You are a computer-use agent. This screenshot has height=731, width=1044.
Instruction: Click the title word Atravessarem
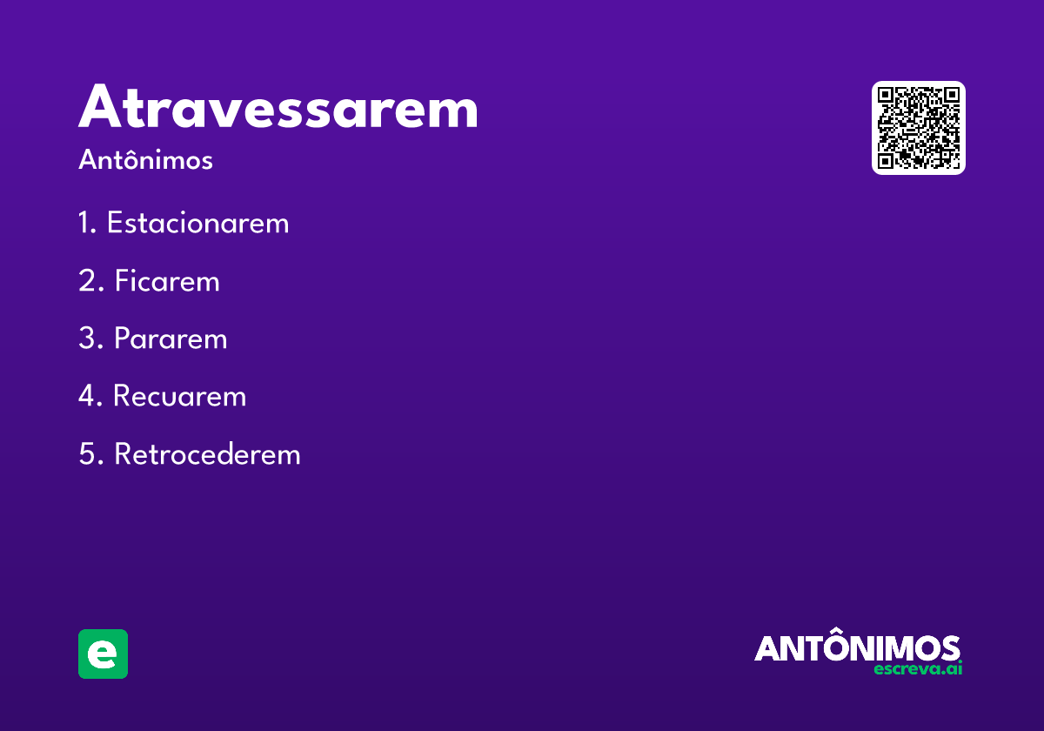point(278,108)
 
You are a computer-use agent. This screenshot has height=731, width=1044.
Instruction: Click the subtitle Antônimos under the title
point(145,160)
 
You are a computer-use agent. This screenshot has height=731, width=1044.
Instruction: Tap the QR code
point(918,128)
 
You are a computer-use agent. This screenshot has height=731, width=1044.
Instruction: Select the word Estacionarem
point(197,224)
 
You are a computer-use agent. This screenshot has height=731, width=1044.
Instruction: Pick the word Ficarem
point(167,281)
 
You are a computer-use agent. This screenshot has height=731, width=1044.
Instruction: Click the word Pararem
point(171,339)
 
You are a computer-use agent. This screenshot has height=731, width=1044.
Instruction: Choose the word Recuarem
point(180,396)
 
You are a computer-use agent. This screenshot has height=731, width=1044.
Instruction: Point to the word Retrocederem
point(207,453)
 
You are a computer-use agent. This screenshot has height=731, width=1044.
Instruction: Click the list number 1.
point(85,224)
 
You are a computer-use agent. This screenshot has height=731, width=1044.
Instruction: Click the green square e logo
point(103,654)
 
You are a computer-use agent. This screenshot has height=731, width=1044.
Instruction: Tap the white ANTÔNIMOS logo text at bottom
point(857,648)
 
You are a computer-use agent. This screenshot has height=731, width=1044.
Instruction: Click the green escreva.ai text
point(917,669)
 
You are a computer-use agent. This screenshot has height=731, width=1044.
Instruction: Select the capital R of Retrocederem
point(123,453)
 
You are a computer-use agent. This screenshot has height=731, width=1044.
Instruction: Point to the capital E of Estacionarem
point(115,224)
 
